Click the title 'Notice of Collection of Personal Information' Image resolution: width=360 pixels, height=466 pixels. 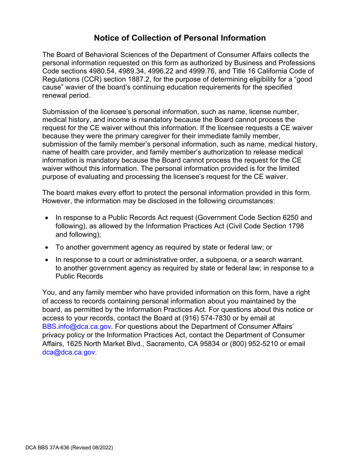pyautogui.click(x=180, y=38)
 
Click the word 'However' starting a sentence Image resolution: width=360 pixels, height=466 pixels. pyautogui.click(x=56, y=201)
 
